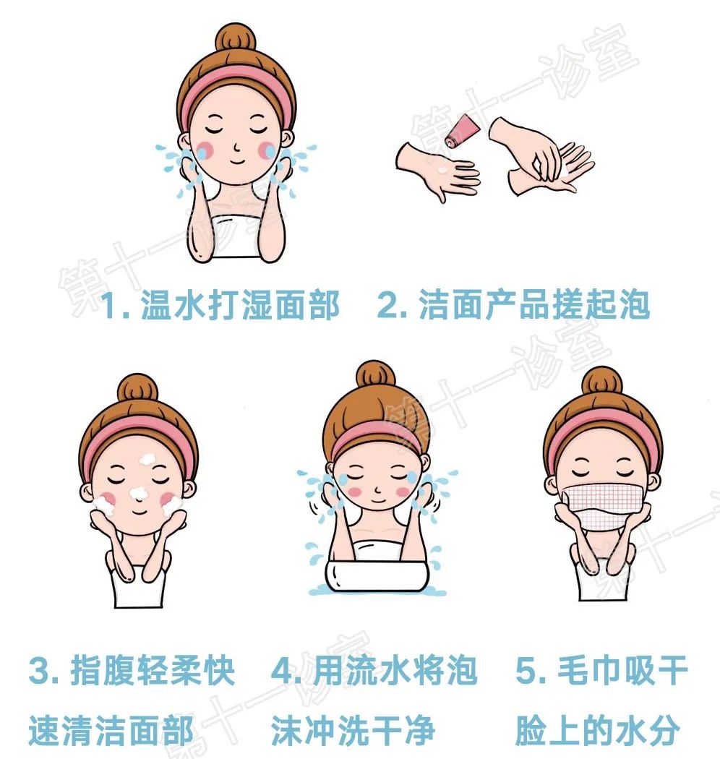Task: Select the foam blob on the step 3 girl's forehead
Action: coord(148,458)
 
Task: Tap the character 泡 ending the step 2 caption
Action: coord(635,306)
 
